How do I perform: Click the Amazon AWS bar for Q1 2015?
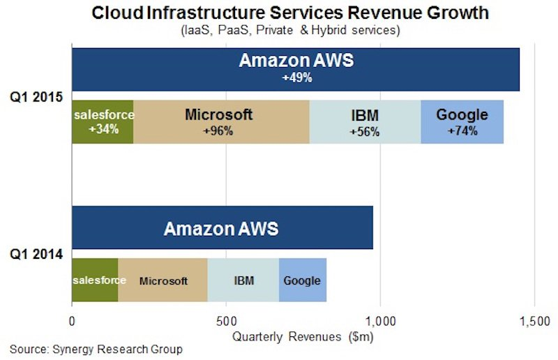[295, 68]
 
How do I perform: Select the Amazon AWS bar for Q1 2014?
[222, 227]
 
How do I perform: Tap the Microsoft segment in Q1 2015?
[221, 122]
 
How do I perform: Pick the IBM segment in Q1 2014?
[243, 280]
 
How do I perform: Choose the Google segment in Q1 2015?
[462, 122]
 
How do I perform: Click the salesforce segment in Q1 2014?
[95, 280]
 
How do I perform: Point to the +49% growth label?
[296, 78]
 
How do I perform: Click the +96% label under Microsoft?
[218, 131]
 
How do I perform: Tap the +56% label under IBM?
[365, 132]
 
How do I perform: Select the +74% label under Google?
[462, 131]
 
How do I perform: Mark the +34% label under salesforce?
[103, 129]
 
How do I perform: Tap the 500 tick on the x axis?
[226, 322]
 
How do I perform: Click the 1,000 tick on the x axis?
[380, 322]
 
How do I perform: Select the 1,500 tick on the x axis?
[534, 322]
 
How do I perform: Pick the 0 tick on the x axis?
[72, 322]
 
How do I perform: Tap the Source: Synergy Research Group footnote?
[96, 348]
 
